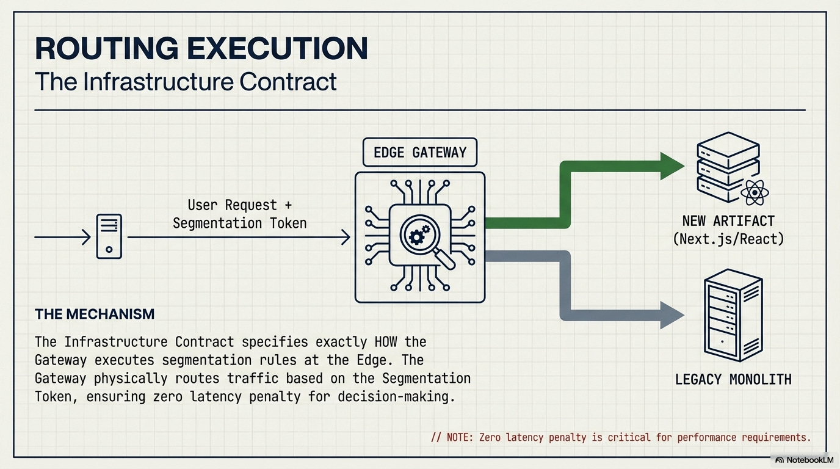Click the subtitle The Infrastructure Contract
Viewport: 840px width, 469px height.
pyautogui.click(x=186, y=81)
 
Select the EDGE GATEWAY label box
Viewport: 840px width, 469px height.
pyautogui.click(x=419, y=152)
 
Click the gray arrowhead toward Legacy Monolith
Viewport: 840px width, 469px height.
pyautogui.click(x=672, y=316)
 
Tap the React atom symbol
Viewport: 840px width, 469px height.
pyautogui.click(x=755, y=194)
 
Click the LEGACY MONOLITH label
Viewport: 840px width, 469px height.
pyautogui.click(x=733, y=379)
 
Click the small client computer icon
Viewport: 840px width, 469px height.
pyautogui.click(x=109, y=236)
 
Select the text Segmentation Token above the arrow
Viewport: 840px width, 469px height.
pyautogui.click(x=239, y=224)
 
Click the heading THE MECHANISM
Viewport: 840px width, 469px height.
pyautogui.click(x=95, y=314)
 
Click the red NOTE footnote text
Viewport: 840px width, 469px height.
pyautogui.click(x=621, y=437)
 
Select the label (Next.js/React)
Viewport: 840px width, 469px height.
pyautogui.click(x=728, y=238)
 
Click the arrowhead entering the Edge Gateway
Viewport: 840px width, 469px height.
pyautogui.click(x=346, y=237)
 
